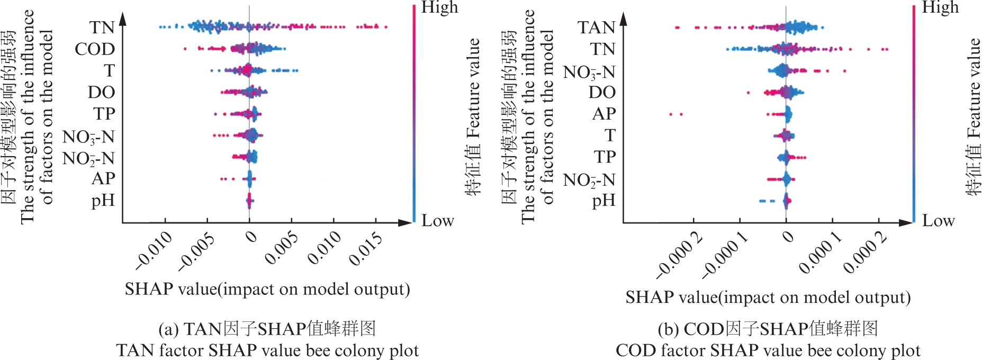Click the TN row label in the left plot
point(102,27)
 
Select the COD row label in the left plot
point(95,49)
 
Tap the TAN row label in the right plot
point(596,27)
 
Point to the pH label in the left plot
point(103,201)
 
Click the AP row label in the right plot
point(604,113)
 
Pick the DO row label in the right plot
point(602,92)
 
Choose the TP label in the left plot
point(104,113)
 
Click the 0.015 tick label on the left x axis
point(366,248)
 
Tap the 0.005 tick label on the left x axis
point(281,248)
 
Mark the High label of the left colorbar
point(439,7)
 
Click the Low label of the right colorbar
point(938,220)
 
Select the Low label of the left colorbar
point(437,220)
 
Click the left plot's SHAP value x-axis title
point(267,289)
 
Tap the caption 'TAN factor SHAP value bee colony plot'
point(267,350)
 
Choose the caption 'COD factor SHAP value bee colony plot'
point(768,350)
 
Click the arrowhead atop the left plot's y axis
point(123,19)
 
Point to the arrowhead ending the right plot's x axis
point(907,222)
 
